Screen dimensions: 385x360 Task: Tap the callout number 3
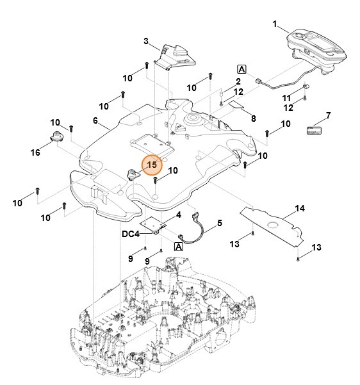pyautogui.click(x=146, y=42)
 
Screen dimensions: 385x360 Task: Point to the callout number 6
pyautogui.click(x=95, y=120)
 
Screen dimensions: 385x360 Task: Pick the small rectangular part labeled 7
pyautogui.click(x=314, y=130)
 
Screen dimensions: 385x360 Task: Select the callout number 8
pyautogui.click(x=253, y=119)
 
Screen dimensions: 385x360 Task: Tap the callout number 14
pyautogui.click(x=300, y=208)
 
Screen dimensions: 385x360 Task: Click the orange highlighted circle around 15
pyautogui.click(x=152, y=165)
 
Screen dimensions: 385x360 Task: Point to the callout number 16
pyautogui.click(x=36, y=152)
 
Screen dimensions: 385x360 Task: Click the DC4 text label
pyautogui.click(x=131, y=234)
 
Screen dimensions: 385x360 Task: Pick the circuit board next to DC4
pyautogui.click(x=156, y=225)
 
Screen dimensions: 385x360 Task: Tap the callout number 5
pyautogui.click(x=220, y=223)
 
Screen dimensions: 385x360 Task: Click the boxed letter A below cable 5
pyautogui.click(x=179, y=246)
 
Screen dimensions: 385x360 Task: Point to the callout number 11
pyautogui.click(x=287, y=97)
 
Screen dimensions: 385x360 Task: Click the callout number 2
pyautogui.click(x=238, y=81)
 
